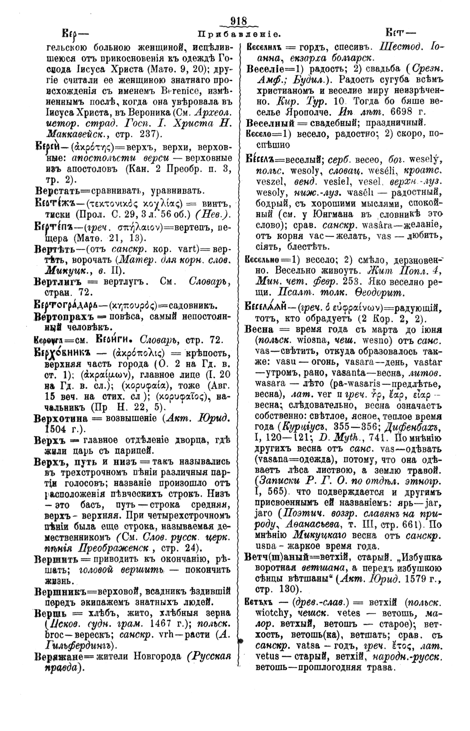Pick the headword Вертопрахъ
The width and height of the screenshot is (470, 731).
coord(63,317)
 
